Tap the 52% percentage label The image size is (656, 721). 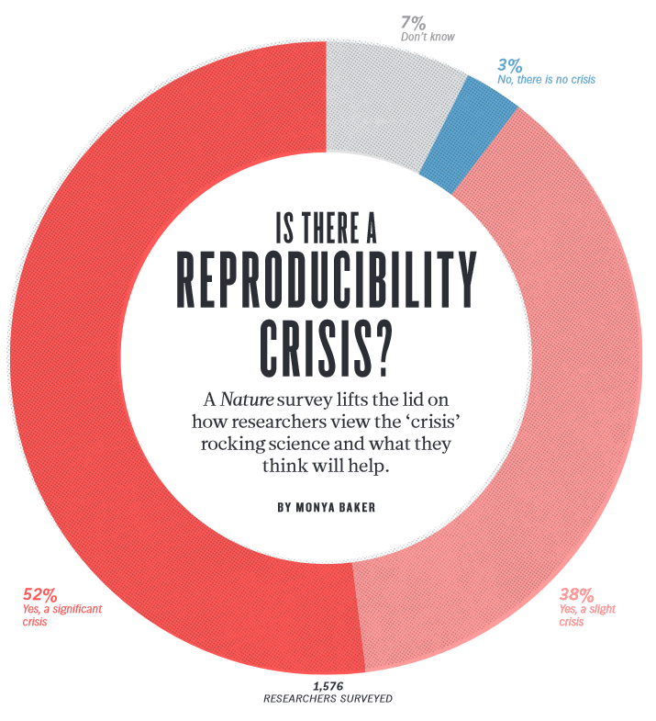point(39,593)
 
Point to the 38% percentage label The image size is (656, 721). point(577,593)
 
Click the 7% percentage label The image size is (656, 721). point(411,22)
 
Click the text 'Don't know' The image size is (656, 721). point(428,38)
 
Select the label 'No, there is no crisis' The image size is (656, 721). point(546,80)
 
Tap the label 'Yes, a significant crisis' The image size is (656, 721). point(61,614)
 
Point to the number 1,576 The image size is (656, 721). point(328,685)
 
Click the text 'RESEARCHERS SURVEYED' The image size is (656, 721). point(328,699)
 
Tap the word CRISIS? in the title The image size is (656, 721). point(328,344)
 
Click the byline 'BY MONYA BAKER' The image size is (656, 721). point(328,506)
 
